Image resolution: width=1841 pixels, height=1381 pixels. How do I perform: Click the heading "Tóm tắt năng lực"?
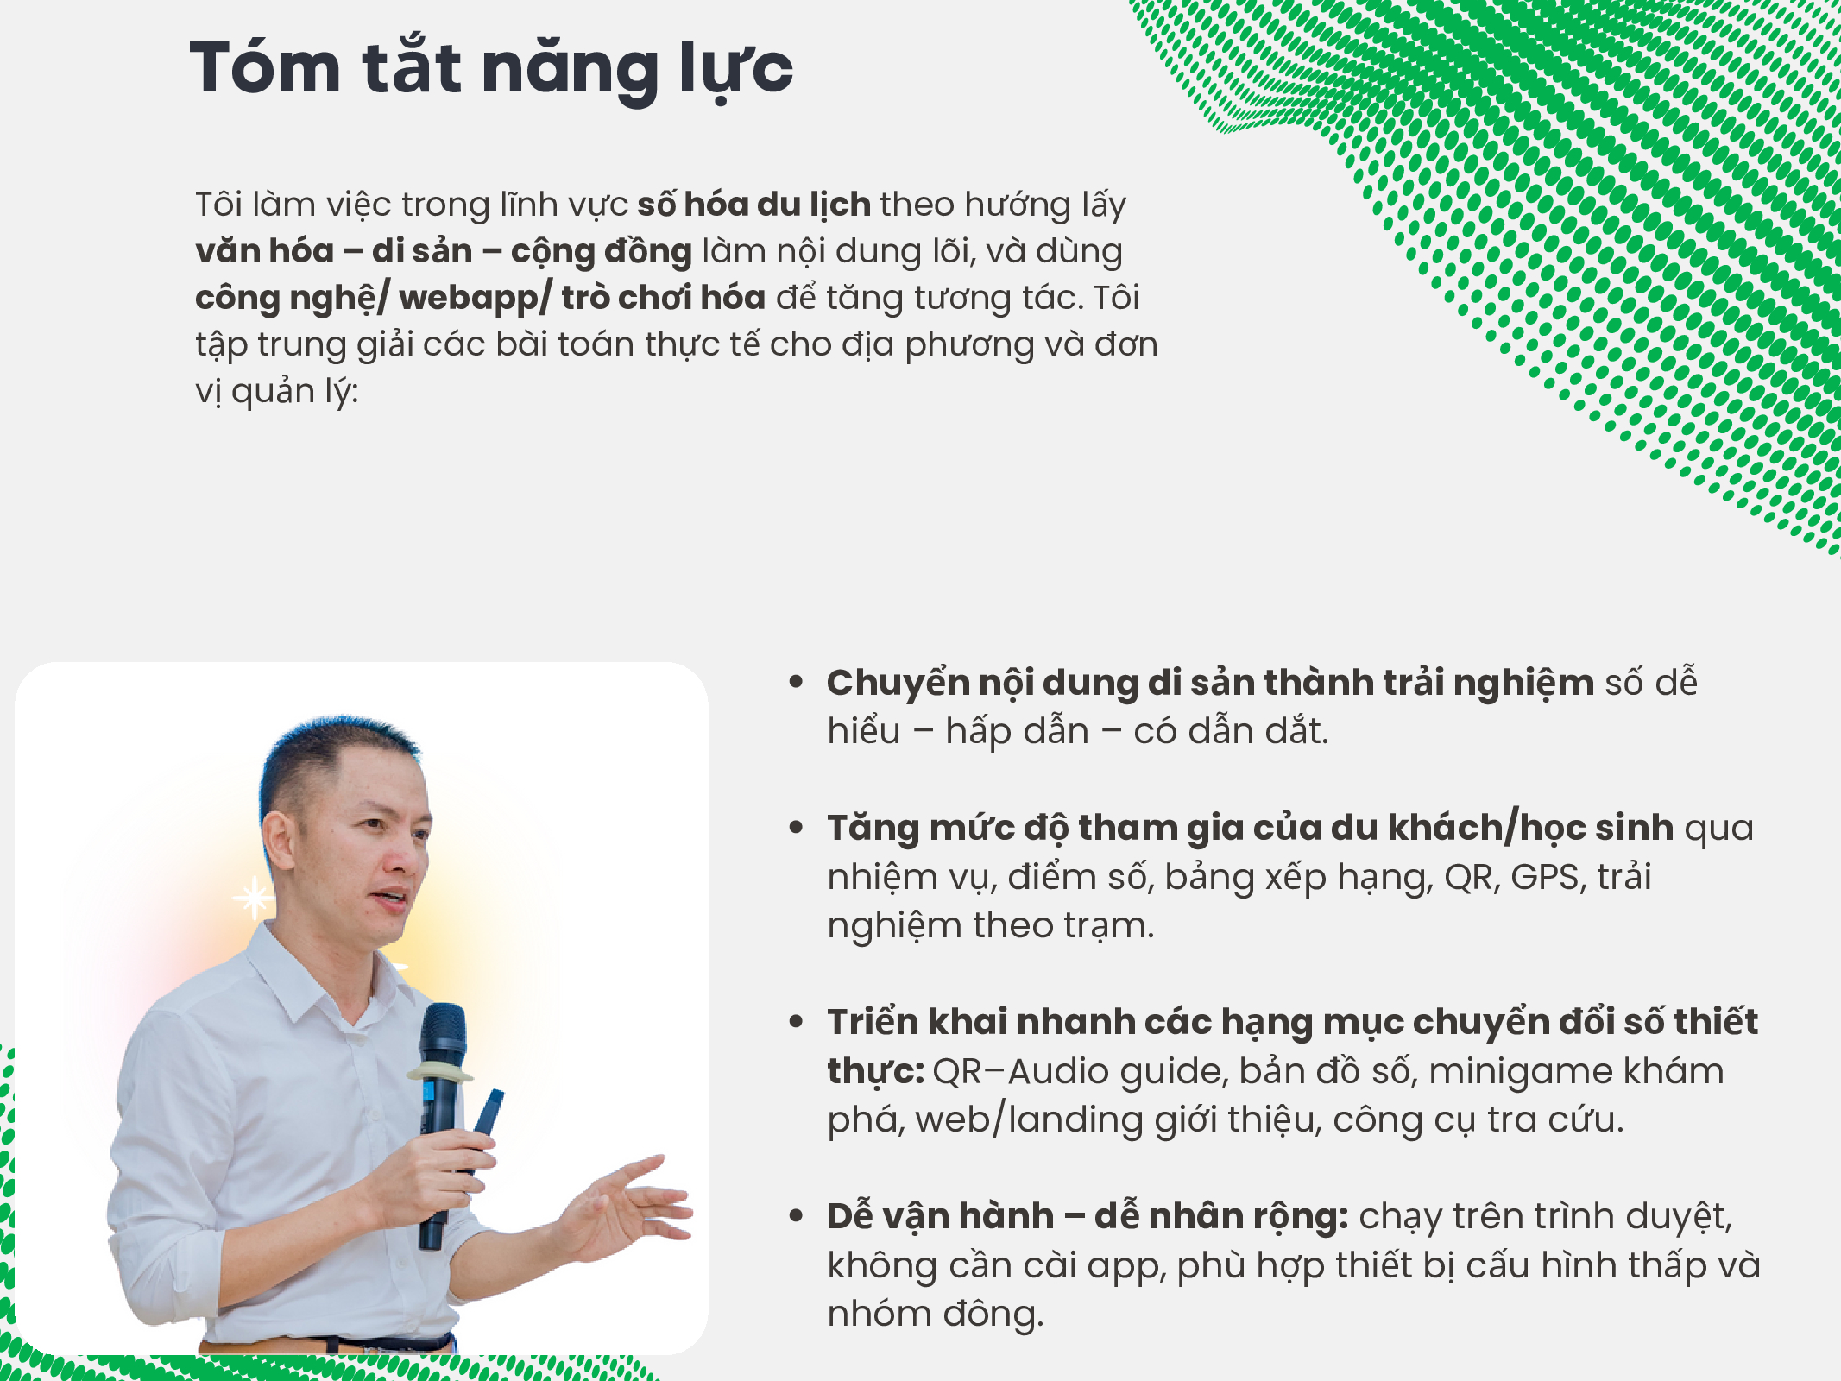click(491, 69)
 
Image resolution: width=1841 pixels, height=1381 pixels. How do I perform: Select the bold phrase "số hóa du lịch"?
click(753, 205)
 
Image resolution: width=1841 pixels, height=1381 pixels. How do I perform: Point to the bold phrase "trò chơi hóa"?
click(664, 298)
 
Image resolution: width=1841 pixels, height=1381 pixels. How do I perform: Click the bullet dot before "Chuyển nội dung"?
click(796, 682)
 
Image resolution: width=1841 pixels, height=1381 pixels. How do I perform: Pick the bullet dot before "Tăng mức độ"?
click(796, 828)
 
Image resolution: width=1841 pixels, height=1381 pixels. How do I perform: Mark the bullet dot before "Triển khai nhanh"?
click(796, 1022)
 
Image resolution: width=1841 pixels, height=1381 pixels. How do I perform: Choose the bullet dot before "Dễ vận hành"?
click(796, 1216)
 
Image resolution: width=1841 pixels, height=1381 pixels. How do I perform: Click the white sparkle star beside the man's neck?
click(255, 898)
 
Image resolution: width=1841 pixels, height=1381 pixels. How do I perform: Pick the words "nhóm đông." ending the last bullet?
click(936, 1314)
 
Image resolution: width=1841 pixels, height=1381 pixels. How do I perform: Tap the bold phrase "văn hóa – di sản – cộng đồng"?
click(444, 251)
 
